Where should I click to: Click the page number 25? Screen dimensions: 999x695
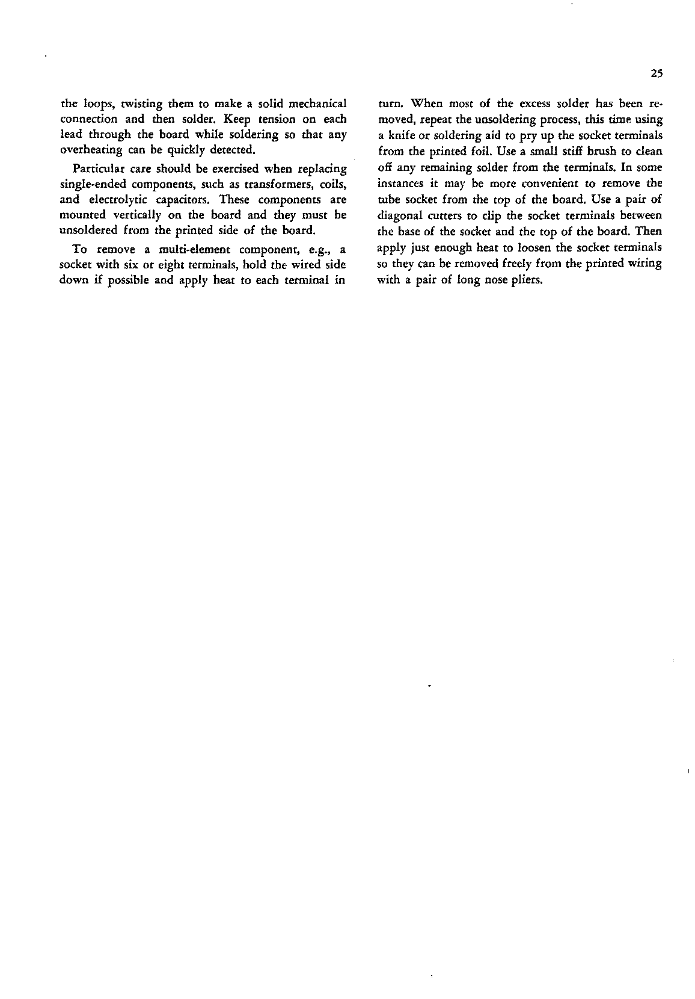coord(656,75)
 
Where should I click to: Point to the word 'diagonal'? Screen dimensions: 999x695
coord(399,215)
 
